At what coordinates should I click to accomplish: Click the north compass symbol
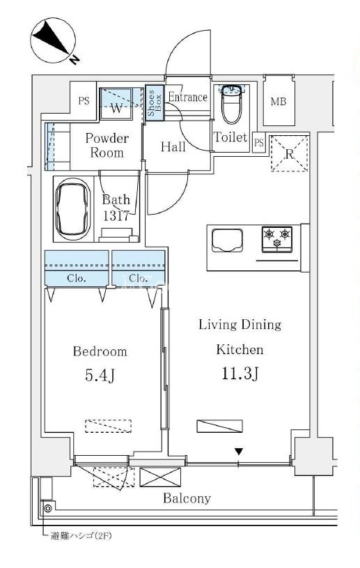tap(54, 40)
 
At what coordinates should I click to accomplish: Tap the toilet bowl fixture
tap(232, 104)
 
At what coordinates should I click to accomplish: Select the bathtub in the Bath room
tap(72, 208)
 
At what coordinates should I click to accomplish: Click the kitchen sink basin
tap(227, 240)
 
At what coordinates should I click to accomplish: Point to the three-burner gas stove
tap(277, 239)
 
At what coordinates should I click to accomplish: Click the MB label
tap(279, 102)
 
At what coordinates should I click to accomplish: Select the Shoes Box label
tap(154, 103)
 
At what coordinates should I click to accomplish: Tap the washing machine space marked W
tap(116, 102)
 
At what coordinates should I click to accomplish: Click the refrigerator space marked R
tap(290, 153)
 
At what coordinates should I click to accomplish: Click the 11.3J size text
tap(240, 374)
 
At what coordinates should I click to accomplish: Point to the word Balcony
tap(187, 498)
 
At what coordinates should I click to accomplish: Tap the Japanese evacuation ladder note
tap(81, 536)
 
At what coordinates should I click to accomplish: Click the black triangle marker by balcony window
tap(238, 452)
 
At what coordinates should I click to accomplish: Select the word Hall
tap(173, 147)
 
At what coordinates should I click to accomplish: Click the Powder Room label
tap(107, 145)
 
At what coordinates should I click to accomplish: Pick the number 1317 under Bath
tap(116, 216)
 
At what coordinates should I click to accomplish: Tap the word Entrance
tap(188, 97)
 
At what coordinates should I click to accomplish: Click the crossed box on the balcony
tap(160, 477)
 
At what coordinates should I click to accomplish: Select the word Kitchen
tap(240, 350)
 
